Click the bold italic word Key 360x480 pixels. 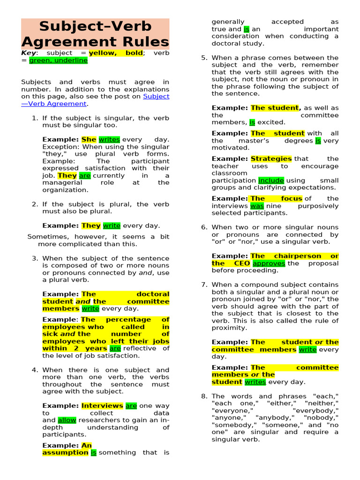tap(29, 53)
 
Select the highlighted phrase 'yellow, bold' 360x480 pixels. tap(116, 53)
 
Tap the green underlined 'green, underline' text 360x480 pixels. tap(58, 60)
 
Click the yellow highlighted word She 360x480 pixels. tap(89, 140)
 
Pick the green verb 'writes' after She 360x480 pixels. tap(109, 140)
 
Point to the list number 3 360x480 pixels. tap(35, 258)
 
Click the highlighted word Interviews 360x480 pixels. tap(102, 406)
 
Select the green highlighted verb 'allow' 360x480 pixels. tap(67, 420)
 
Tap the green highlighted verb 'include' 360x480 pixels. tap(271, 180)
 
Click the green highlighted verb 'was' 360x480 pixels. tap(257, 206)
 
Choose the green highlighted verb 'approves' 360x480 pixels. tap(269, 263)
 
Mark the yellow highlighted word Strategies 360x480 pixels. tap(271, 159)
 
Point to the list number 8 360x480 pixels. tap(204, 396)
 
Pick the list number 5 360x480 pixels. tap(204, 58)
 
